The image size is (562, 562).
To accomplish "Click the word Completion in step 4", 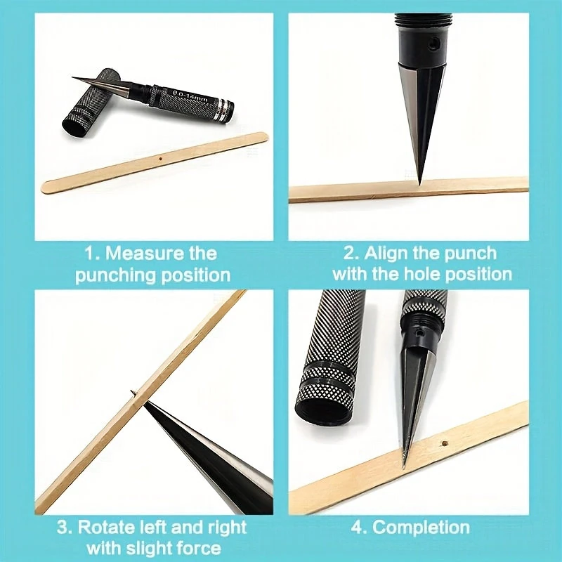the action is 421,528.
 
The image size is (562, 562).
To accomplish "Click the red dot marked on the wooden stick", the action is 162,157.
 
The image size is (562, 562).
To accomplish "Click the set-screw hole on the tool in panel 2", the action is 433,44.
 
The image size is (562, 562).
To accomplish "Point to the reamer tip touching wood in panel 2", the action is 419,184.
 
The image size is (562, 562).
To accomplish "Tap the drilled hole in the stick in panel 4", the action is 445,443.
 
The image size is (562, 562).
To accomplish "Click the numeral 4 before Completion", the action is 356,528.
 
